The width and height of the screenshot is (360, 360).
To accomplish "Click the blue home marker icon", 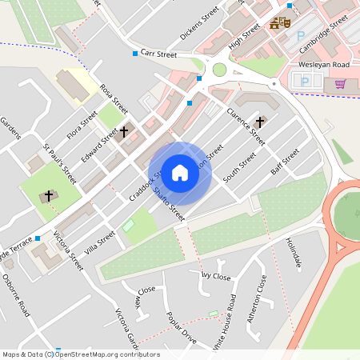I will [x=180, y=173].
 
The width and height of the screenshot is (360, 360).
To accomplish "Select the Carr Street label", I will [x=158, y=54].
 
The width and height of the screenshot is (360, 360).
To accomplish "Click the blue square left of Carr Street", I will [x=134, y=54].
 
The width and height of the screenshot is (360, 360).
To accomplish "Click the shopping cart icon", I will [x=340, y=83].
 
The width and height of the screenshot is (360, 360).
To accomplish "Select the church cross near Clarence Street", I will [x=259, y=122].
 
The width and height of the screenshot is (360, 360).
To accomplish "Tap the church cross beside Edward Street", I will [x=124, y=130].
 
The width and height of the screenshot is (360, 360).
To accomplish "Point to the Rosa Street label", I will [x=113, y=98].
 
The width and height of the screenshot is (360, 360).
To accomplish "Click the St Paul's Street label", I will [x=60, y=162].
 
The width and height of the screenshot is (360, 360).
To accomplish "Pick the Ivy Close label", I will [x=215, y=276].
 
